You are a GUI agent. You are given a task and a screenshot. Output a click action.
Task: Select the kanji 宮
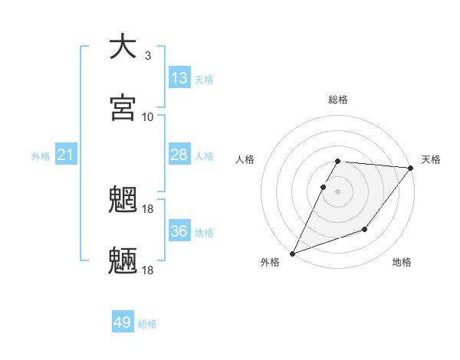[x=123, y=108]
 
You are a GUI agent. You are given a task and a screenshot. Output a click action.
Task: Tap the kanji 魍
[x=123, y=201]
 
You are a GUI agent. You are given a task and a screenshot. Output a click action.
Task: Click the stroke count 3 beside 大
[x=147, y=55]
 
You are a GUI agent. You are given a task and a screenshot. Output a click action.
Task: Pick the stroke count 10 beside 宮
[x=148, y=116]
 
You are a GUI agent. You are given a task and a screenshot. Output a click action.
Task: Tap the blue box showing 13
[x=179, y=77]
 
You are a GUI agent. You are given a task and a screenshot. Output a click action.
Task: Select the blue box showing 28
[x=179, y=155]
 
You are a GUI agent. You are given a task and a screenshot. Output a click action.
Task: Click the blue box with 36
[x=179, y=231]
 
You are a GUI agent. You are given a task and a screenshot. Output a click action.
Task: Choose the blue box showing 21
[x=66, y=155]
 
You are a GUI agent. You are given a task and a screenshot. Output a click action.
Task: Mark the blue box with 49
[x=123, y=322]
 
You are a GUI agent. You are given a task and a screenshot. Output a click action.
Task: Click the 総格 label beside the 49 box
[x=147, y=324]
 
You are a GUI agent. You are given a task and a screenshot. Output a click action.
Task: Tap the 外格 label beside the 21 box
[x=41, y=156]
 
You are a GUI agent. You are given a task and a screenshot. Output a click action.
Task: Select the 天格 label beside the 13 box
[x=204, y=80]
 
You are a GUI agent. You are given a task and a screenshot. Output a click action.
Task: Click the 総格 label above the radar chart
[x=338, y=100]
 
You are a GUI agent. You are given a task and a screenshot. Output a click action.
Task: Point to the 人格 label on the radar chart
[x=245, y=159]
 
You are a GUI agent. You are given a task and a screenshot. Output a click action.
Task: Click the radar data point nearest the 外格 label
[x=292, y=254]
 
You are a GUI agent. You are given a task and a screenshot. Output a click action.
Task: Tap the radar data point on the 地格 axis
[x=366, y=229]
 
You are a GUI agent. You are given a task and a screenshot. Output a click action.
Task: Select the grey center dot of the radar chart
[x=338, y=191]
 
